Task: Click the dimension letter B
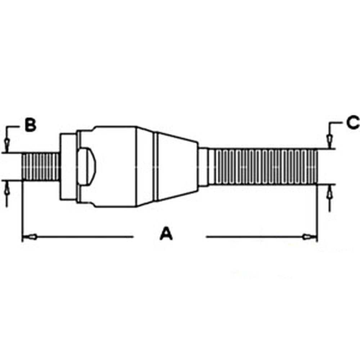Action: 31,125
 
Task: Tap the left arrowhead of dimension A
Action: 31,237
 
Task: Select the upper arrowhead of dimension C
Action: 329,139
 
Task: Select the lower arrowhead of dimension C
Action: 329,194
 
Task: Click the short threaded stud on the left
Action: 41,167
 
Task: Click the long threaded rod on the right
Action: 263,167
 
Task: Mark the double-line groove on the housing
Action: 156,167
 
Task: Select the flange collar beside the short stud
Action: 68,167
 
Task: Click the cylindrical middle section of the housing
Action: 115,167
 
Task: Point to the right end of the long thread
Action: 317,167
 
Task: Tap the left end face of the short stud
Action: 23,167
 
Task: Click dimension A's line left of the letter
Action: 83,237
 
